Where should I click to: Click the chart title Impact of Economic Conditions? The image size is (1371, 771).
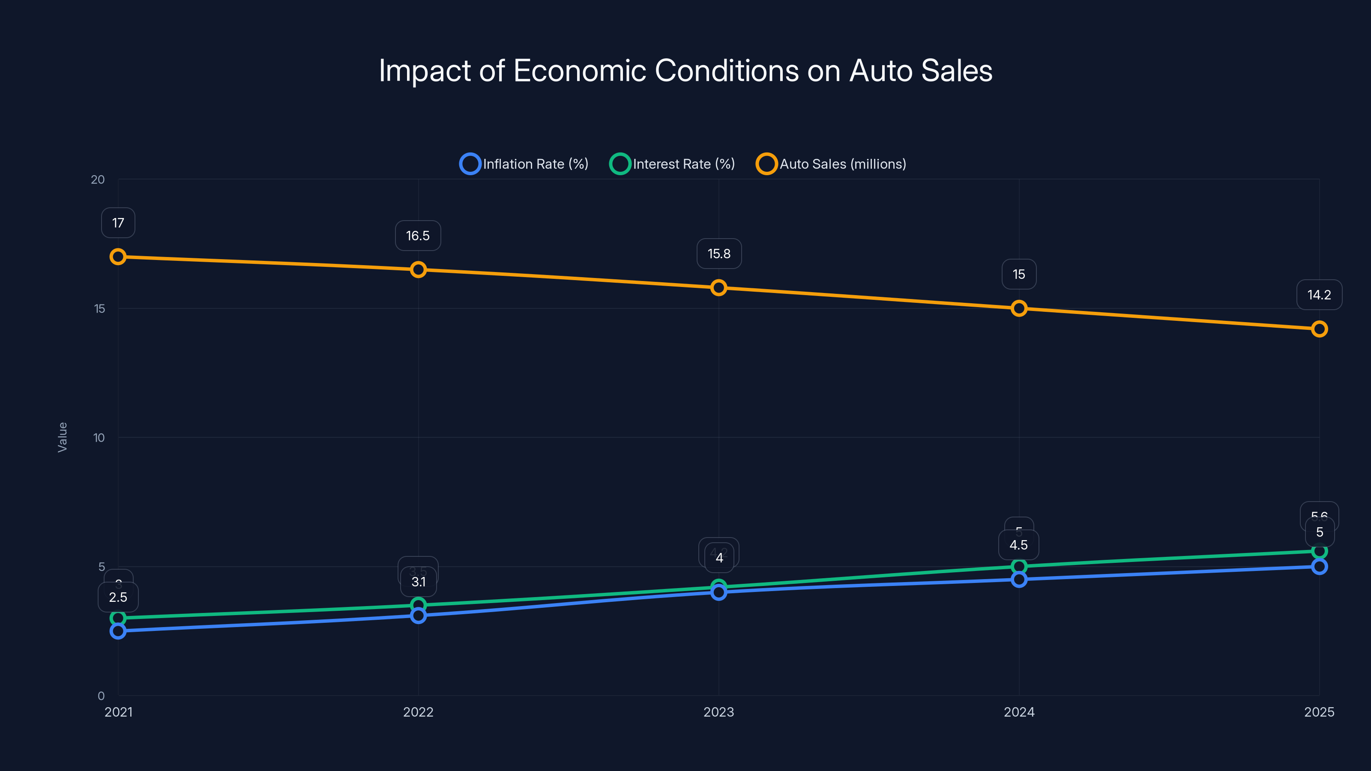pyautogui.click(x=685, y=71)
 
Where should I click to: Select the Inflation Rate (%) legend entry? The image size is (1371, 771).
pyautogui.click(x=524, y=164)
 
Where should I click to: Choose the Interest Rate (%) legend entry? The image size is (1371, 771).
pyautogui.click(x=672, y=164)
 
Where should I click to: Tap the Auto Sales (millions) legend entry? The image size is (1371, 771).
pyautogui.click(x=831, y=164)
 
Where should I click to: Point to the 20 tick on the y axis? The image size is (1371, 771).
pyautogui.click(x=98, y=180)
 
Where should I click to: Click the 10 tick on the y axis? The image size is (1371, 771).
pyautogui.click(x=99, y=438)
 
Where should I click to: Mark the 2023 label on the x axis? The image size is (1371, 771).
pyautogui.click(x=718, y=712)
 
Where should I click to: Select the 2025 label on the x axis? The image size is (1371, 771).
pyautogui.click(x=1319, y=712)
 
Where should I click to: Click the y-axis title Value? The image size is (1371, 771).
pyautogui.click(x=62, y=437)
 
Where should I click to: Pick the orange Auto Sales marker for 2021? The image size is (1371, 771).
pyautogui.click(x=118, y=257)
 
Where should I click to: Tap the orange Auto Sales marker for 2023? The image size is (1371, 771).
pyautogui.click(x=718, y=288)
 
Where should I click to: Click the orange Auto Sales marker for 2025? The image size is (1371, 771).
pyautogui.click(x=1319, y=329)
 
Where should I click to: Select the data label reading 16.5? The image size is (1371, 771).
pyautogui.click(x=418, y=236)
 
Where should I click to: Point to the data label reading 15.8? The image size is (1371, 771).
pyautogui.click(x=719, y=254)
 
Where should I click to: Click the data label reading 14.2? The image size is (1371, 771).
pyautogui.click(x=1319, y=295)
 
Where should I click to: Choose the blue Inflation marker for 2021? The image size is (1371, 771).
pyautogui.click(x=118, y=631)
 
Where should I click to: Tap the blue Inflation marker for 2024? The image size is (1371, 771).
pyautogui.click(x=1019, y=580)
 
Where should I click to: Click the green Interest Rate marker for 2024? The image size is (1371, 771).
pyautogui.click(x=1019, y=566)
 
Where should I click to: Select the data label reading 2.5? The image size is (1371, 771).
pyautogui.click(x=118, y=598)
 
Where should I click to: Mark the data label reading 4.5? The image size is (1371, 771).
pyautogui.click(x=1019, y=545)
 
